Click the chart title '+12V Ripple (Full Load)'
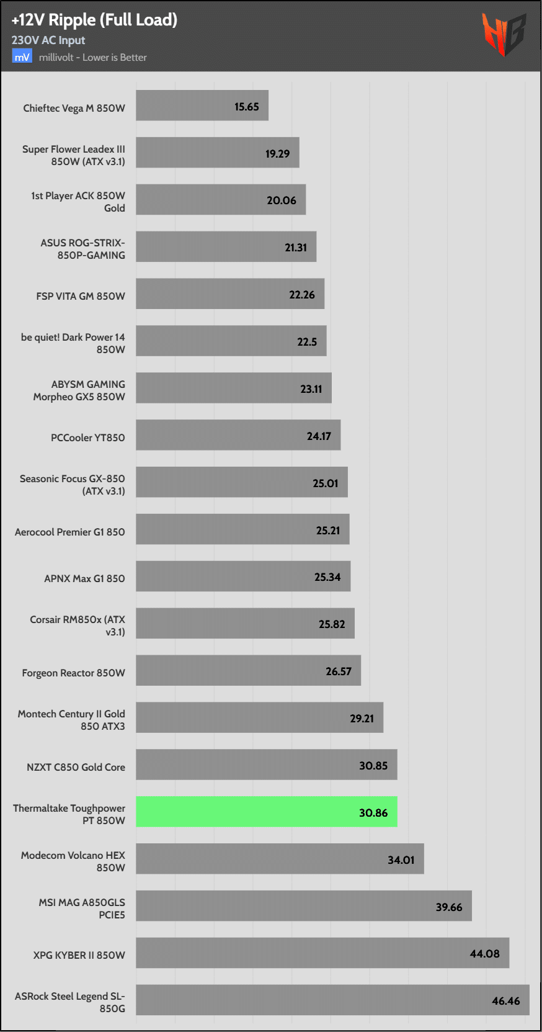pos(94,20)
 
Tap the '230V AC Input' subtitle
pos(48,40)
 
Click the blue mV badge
pos(22,57)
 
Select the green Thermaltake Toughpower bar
pos(267,812)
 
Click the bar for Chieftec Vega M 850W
pos(202,105)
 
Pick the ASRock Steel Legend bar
pos(332,1000)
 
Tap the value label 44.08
pos(484,954)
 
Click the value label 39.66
pos(449,907)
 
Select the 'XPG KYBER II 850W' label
pos(79,955)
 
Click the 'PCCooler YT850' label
pos(88,437)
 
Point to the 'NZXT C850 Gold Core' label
pos(76,767)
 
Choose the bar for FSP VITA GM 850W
pos(230,294)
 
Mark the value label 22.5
pos(307,342)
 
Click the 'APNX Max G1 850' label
pos(84,578)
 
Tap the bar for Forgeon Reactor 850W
pos(248,670)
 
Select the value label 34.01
pos(401,860)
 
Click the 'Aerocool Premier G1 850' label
pos(70,532)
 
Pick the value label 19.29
pos(277,154)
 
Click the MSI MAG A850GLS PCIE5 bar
pos(304,905)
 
